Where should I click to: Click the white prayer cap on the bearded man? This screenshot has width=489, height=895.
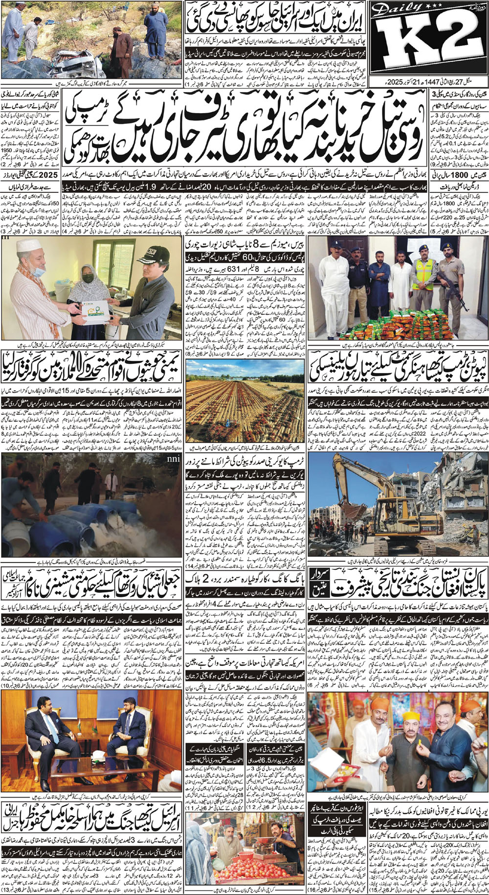(x=29, y=245)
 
